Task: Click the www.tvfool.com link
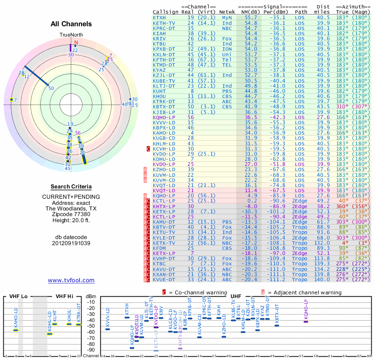(71, 280)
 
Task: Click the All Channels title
(71, 24)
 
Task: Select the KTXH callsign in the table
(159, 17)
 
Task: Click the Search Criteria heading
(71, 187)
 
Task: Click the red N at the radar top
(76, 42)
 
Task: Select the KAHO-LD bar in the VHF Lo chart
(15, 330)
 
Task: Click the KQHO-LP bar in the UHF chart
(306, 321)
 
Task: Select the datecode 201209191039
(71, 243)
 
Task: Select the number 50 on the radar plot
(51, 88)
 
